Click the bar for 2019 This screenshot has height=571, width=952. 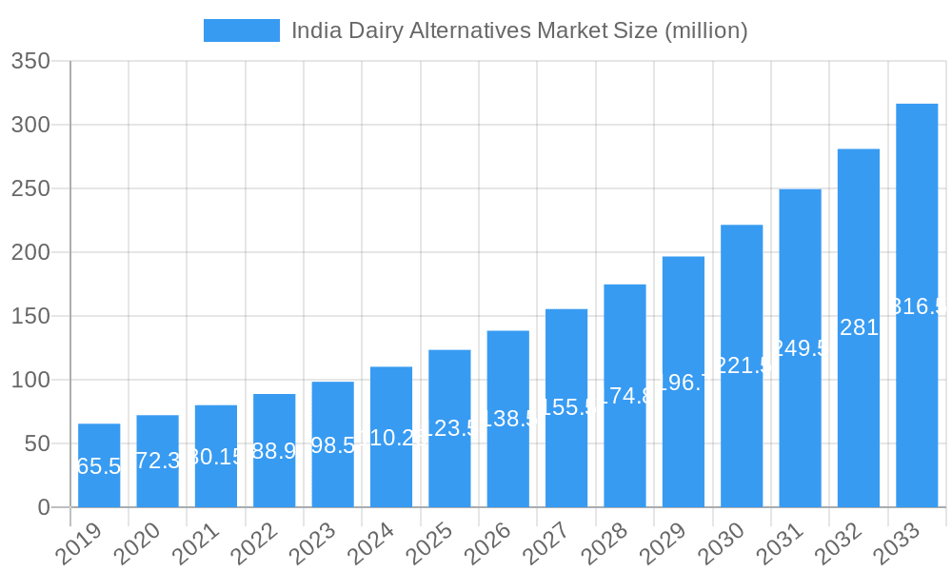99,465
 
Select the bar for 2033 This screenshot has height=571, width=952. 917,305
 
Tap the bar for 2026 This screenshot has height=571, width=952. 508,419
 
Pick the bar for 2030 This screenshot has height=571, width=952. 742,366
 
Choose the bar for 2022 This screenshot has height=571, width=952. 274,450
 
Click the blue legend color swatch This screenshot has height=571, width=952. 242,30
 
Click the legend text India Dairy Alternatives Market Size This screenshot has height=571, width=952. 519,30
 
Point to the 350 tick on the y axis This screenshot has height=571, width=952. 30,62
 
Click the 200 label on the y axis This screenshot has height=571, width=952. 30,252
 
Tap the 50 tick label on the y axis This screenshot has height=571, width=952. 38,443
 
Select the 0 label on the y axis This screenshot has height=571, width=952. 44,507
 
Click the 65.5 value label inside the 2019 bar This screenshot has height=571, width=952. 99,466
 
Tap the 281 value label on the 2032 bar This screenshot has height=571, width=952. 859,327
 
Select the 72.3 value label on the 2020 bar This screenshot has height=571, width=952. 158,461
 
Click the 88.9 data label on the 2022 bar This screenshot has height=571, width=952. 274,450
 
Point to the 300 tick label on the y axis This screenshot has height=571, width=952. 30,125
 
